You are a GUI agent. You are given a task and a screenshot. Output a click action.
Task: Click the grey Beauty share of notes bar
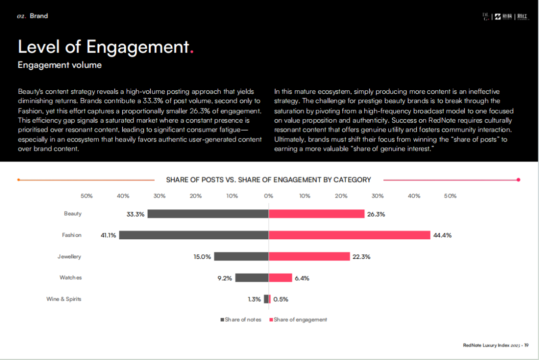pyautogui.click(x=208, y=213)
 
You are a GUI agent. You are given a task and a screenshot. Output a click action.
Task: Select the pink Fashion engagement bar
pyautogui.click(x=349, y=235)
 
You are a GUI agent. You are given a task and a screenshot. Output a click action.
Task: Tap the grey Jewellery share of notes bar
pyautogui.click(x=241, y=256)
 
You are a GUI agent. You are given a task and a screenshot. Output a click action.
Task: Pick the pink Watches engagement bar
pyautogui.click(x=280, y=278)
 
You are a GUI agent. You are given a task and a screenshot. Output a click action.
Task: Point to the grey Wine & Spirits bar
pyautogui.click(x=266, y=299)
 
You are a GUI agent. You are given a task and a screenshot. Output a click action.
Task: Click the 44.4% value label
pyautogui.click(x=442, y=235)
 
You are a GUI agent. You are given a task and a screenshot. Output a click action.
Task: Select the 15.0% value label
pyautogui.click(x=202, y=257)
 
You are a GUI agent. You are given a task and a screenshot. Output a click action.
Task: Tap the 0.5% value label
pyautogui.click(x=280, y=299)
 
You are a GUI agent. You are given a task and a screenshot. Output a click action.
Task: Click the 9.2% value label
pyautogui.click(x=225, y=278)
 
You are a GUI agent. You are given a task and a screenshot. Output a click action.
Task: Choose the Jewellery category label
pyautogui.click(x=69, y=256)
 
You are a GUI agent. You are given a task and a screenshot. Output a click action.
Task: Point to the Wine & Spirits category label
pyautogui.click(x=64, y=299)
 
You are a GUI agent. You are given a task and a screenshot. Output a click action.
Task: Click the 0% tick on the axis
pyautogui.click(x=269, y=196)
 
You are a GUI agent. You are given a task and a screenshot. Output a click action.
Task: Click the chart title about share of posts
pyautogui.click(x=269, y=180)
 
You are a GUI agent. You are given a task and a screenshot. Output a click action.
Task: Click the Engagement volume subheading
pyautogui.click(x=59, y=65)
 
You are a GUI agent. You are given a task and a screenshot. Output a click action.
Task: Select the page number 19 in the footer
pyautogui.click(x=526, y=345)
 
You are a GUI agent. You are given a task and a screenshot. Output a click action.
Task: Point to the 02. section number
pyautogui.click(x=21, y=16)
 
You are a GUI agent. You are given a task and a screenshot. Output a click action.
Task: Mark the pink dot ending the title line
pyautogui.click(x=519, y=180)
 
